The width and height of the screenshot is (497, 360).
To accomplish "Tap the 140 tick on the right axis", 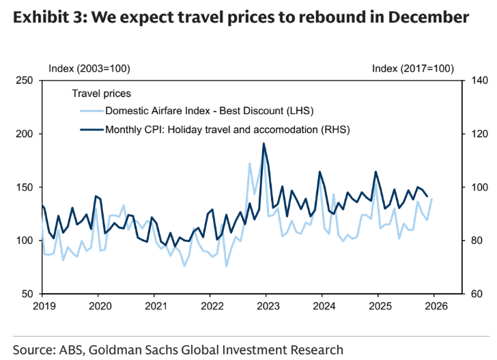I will click(x=471, y=81).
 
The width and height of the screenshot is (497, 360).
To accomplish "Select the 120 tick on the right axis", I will click(x=471, y=134).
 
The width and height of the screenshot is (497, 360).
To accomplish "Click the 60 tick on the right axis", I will click(x=468, y=294).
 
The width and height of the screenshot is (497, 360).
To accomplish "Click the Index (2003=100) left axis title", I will click(x=89, y=68).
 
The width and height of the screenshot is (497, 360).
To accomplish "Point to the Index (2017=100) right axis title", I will click(x=413, y=68).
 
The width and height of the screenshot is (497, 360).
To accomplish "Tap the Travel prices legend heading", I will click(x=101, y=93).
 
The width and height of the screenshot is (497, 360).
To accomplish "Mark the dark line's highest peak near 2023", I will click(x=264, y=143).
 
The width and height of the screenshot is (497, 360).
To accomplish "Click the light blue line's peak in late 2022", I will click(x=250, y=163).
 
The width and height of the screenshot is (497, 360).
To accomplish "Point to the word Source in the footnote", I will click(x=38, y=350).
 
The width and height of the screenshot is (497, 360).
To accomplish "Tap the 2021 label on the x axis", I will click(x=156, y=307).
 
